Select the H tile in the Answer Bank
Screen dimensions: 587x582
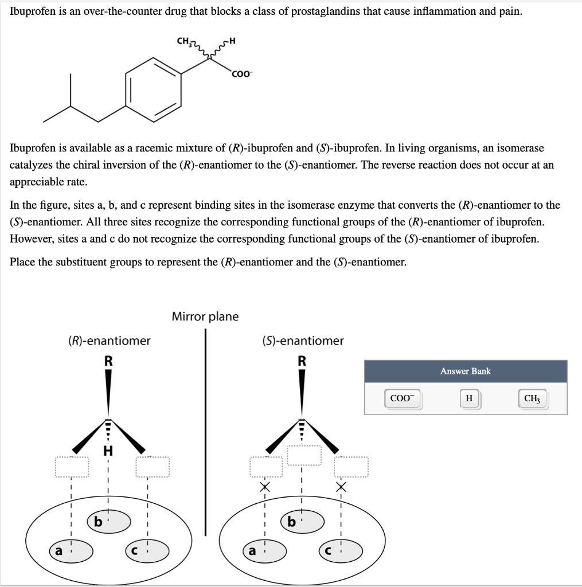pyautogui.click(x=469, y=399)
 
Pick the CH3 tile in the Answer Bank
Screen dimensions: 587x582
pyautogui.click(x=532, y=399)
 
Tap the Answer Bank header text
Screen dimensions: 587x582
pyautogui.click(x=465, y=371)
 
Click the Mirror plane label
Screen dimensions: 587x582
pyautogui.click(x=205, y=316)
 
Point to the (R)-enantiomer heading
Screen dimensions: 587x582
pyautogui.click(x=109, y=341)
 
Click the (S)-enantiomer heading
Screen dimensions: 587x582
pyautogui.click(x=303, y=341)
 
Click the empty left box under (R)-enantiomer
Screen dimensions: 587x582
pyautogui.click(x=72, y=467)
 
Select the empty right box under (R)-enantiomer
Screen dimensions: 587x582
pyautogui.click(x=153, y=467)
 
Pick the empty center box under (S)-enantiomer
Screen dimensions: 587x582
pyautogui.click(x=304, y=455)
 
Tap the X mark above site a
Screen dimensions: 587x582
pyautogui.click(x=264, y=487)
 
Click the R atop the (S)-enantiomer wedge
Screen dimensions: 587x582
pyautogui.click(x=302, y=361)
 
